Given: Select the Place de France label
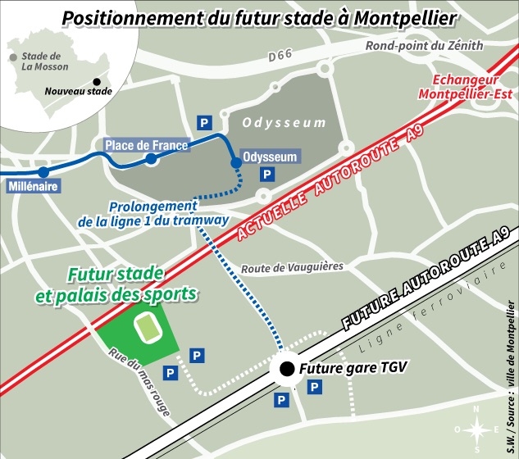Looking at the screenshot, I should [147, 146].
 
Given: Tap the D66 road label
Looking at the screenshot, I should [281, 56].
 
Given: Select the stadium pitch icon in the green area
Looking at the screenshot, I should [148, 328].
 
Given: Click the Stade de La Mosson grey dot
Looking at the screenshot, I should [13, 57].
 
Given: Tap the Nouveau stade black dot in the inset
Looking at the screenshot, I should [97, 81].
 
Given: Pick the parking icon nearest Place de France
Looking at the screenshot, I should [203, 122].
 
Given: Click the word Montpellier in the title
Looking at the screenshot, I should [398, 18].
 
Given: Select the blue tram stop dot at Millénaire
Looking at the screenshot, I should [43, 172].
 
